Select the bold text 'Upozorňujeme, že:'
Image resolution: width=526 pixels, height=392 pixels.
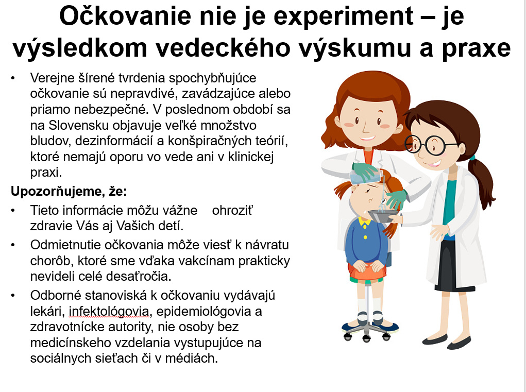click(69, 191)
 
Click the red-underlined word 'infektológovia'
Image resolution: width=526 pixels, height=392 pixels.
click(109, 312)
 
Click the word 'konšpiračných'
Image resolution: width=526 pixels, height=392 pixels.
click(206, 141)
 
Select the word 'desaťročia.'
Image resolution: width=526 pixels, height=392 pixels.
click(139, 276)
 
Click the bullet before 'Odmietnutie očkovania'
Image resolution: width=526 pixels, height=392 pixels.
click(13, 245)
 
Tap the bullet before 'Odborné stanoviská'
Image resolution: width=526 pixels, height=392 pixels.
click(13, 296)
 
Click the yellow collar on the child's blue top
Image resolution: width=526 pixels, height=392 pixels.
click(364, 221)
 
